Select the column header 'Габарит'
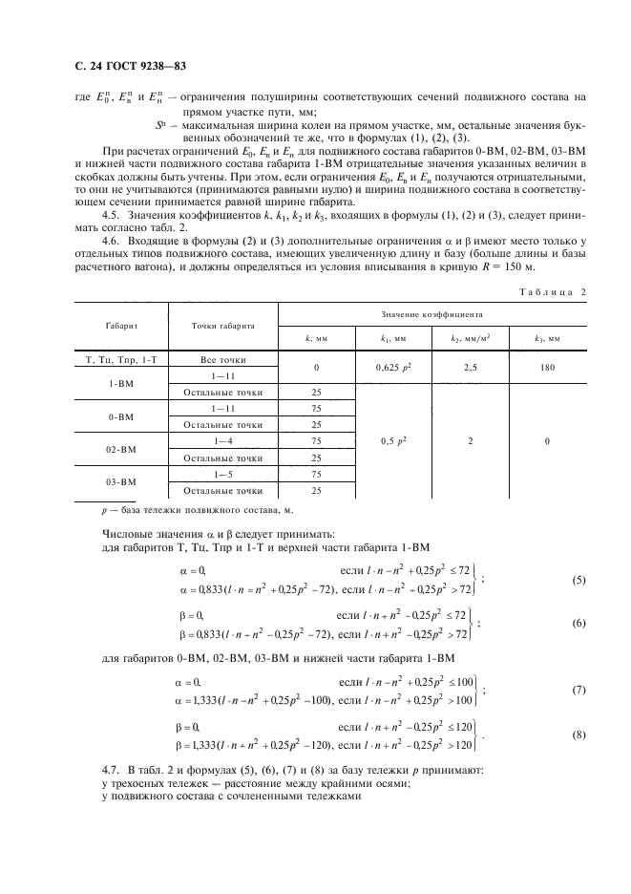(x=120, y=325)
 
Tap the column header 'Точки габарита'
(x=222, y=325)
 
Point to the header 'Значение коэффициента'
(x=431, y=312)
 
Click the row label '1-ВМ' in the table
(x=120, y=383)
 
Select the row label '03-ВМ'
(x=120, y=482)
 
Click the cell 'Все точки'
(x=222, y=359)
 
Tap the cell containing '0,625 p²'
(x=392, y=367)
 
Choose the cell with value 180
(x=547, y=367)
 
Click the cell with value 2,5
(x=470, y=367)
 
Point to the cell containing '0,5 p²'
(x=392, y=441)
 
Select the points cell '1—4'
(x=222, y=441)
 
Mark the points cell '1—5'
(x=222, y=474)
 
